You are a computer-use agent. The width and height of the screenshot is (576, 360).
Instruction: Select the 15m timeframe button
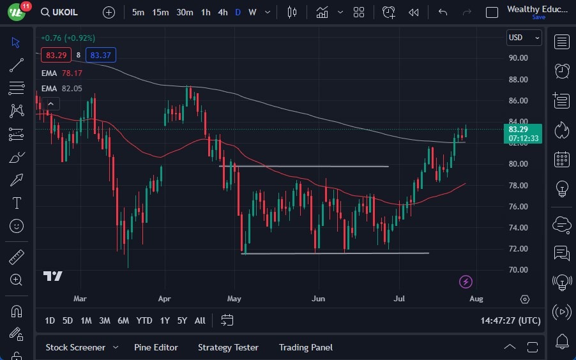[160, 12]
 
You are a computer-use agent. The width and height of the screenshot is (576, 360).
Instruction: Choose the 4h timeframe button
[222, 12]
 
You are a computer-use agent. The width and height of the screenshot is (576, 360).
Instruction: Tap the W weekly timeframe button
[252, 12]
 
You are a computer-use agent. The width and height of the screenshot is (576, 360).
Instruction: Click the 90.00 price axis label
[518, 57]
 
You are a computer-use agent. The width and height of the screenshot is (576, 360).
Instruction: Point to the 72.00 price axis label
[518, 248]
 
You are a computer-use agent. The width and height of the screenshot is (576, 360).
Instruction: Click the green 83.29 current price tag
[522, 130]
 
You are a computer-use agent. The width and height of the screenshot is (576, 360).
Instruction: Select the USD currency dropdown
[524, 38]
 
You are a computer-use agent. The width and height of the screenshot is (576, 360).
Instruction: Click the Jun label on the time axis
[319, 298]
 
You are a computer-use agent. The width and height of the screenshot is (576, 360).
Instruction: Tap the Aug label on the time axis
[476, 298]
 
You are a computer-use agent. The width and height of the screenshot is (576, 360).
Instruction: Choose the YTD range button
[144, 320]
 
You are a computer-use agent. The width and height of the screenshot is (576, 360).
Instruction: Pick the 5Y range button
[182, 320]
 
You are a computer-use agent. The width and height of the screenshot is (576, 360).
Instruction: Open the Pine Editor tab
[156, 347]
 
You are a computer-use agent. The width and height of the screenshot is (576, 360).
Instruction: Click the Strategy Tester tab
[228, 347]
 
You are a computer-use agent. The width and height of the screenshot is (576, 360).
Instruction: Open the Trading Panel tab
[305, 347]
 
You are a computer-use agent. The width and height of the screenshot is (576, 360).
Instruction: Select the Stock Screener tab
[75, 347]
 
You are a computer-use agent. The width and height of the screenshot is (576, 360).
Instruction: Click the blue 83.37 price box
[101, 55]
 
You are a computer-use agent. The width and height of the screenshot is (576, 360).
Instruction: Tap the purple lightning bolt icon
[466, 281]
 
